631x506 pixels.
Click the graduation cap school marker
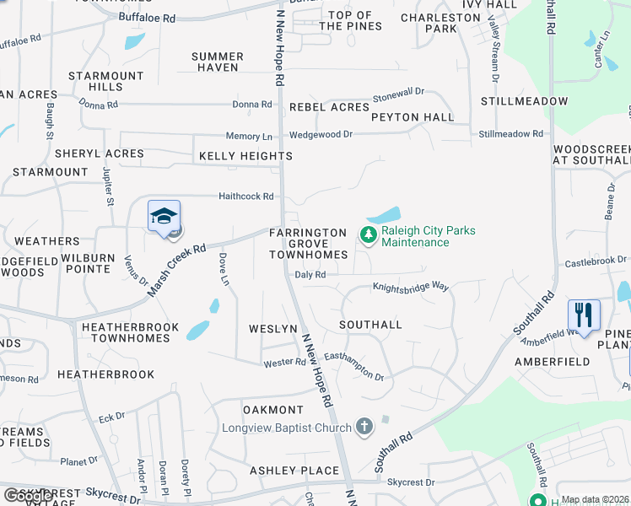tap(164, 217)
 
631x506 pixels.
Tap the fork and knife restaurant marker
tap(584, 315)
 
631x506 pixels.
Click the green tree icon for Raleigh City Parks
tap(368, 235)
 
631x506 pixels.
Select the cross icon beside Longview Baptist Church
tap(364, 427)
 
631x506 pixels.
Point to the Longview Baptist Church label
tap(286, 428)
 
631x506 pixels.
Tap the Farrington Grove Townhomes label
tap(308, 244)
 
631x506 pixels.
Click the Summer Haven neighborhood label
tap(218, 62)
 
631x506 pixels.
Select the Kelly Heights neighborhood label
tap(245, 156)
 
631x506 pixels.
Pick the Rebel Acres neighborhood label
tap(329, 107)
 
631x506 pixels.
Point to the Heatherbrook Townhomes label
tap(129, 331)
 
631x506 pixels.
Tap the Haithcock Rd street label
tap(246, 196)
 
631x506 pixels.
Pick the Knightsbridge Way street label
tap(411, 288)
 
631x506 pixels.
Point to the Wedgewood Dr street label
tap(321, 134)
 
